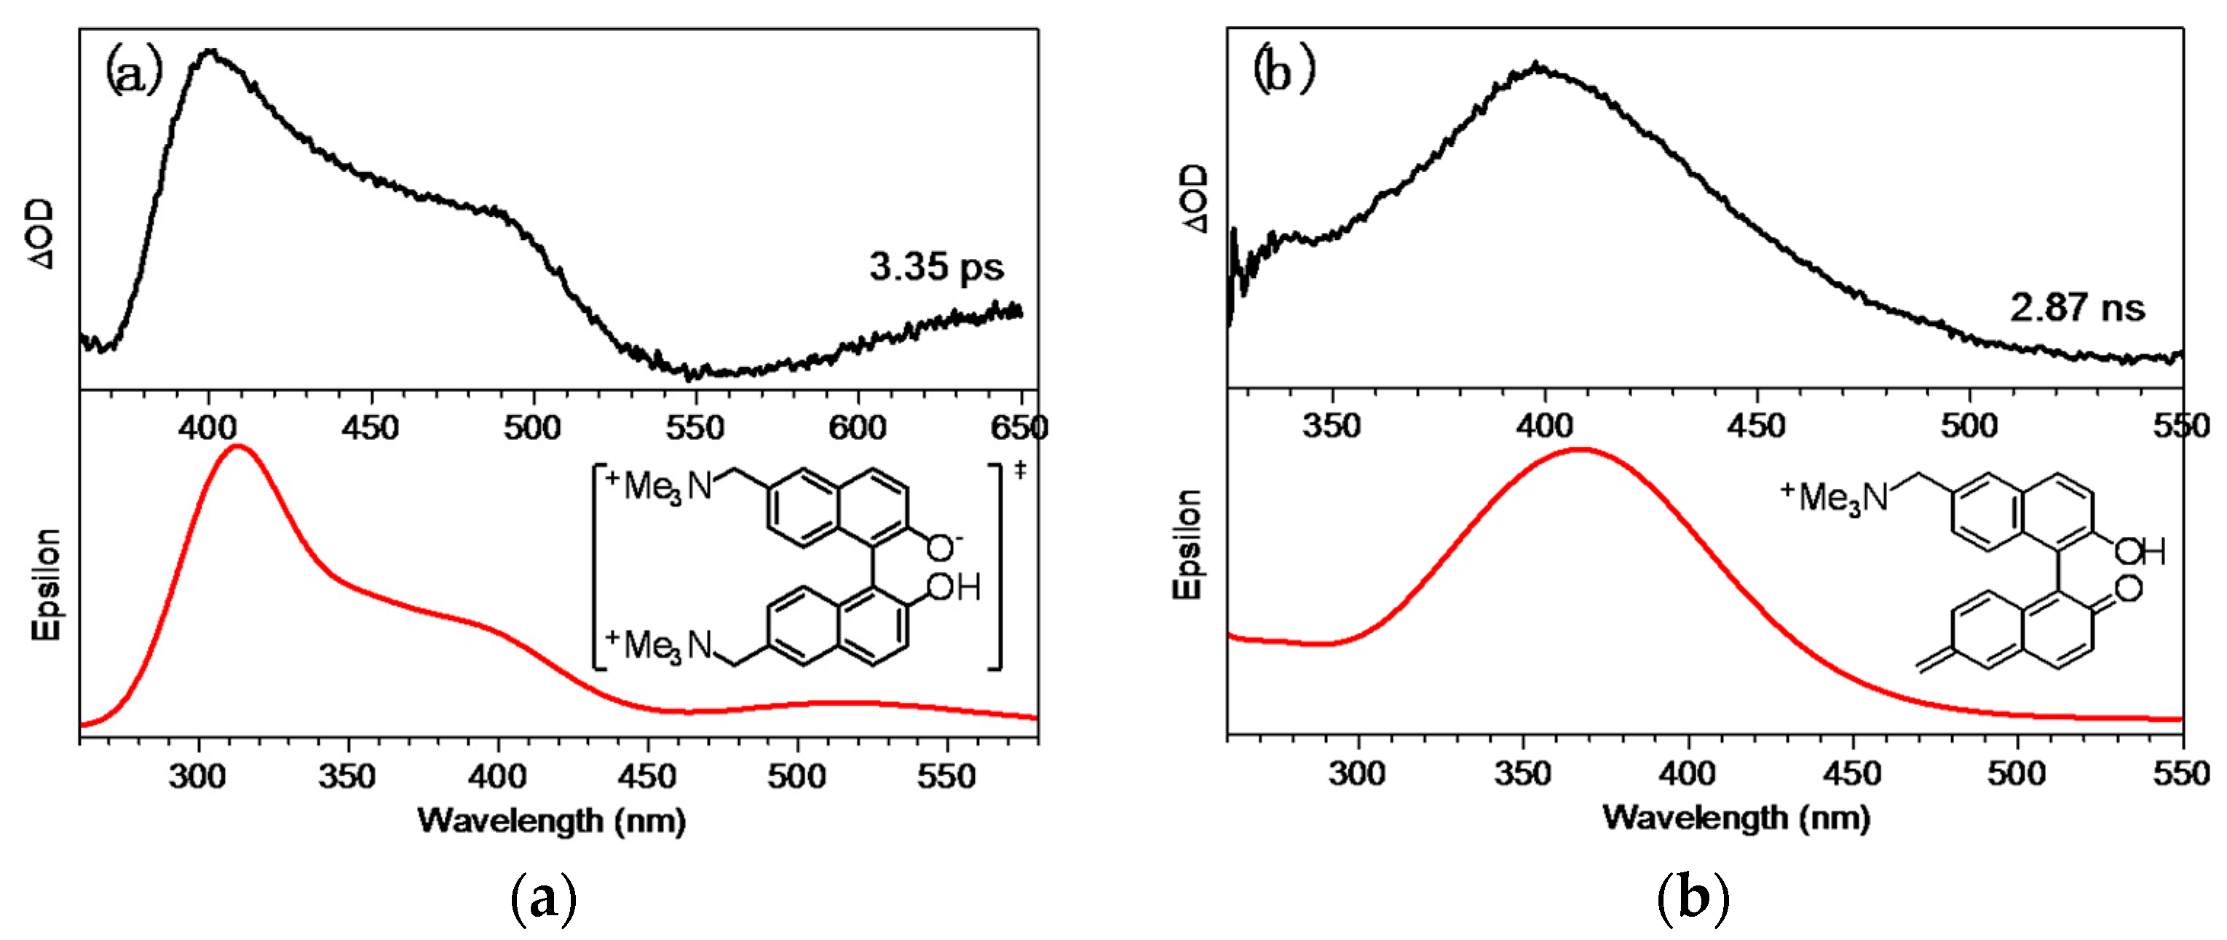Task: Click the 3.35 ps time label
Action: (936, 267)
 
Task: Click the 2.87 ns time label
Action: (2076, 308)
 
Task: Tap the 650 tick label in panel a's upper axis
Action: (1020, 428)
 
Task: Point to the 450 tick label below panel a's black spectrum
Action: (370, 428)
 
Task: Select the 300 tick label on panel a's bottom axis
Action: (198, 776)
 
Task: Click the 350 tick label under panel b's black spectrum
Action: (1332, 425)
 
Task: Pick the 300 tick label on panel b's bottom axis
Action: (1357, 773)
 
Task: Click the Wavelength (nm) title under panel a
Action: (552, 820)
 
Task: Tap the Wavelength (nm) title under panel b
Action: (1736, 817)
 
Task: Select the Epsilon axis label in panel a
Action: (47, 584)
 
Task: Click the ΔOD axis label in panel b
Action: (1194, 199)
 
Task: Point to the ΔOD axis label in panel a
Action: (41, 234)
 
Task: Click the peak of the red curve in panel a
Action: (237, 447)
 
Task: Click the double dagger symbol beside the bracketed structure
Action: (1021, 470)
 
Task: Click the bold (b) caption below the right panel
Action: (1692, 899)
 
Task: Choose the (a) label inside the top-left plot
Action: (133, 73)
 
